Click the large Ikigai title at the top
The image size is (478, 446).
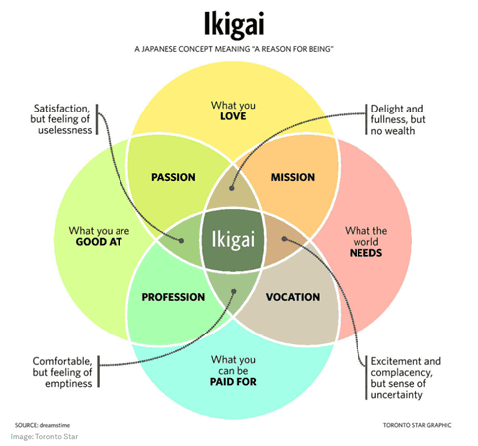tap(234, 24)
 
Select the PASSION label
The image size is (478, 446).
tap(173, 177)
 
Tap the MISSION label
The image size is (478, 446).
tap(293, 177)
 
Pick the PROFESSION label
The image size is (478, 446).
tap(173, 297)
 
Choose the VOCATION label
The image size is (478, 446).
tap(293, 297)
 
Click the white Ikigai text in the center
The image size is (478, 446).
tap(233, 239)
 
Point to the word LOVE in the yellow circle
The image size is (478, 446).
tap(233, 116)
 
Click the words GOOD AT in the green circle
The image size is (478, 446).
tap(99, 242)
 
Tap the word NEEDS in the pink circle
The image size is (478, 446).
tap(365, 253)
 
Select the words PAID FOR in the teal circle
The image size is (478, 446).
tap(233, 382)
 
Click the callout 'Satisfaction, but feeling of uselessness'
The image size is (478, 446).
tap(61, 119)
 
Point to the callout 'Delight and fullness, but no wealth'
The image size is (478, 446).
tap(398, 119)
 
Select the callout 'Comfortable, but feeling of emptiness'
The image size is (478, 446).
tap(62, 372)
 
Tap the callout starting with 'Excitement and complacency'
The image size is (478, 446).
tap(406, 378)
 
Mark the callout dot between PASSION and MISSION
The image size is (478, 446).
tap(232, 188)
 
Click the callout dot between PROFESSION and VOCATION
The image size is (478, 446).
tap(234, 291)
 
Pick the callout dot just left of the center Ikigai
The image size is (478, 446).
tap(181, 240)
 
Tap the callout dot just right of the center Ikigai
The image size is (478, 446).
tap(284, 239)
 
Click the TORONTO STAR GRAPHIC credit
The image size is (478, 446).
tap(417, 425)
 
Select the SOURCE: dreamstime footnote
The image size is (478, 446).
tap(42, 425)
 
